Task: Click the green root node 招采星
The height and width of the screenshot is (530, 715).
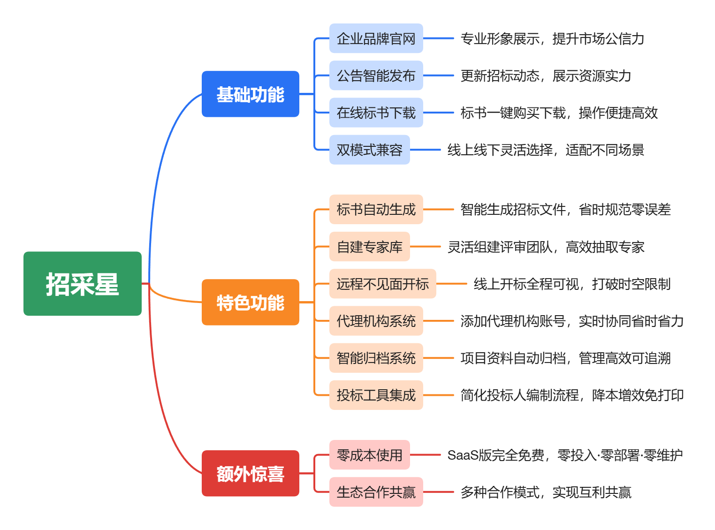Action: click(83, 284)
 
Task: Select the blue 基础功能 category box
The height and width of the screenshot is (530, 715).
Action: click(250, 94)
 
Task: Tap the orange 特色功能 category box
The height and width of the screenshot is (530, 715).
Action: click(250, 303)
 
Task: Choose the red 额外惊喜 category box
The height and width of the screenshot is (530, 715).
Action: click(250, 474)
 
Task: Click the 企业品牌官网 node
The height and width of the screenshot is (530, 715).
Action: click(376, 38)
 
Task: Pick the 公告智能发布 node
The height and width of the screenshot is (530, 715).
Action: click(376, 76)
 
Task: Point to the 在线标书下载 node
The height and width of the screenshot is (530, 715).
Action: click(376, 113)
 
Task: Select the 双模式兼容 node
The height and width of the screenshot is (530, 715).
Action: click(369, 150)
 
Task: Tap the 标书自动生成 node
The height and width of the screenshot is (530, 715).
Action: click(376, 209)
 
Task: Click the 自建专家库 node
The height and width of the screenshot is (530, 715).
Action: click(369, 247)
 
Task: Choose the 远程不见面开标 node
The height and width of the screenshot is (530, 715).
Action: click(382, 284)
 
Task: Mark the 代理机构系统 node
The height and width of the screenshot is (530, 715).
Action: click(376, 321)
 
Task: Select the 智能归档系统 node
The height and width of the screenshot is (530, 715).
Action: click(376, 358)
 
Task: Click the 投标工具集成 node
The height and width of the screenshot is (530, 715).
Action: click(376, 395)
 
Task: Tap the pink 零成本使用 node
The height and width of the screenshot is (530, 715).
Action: click(369, 455)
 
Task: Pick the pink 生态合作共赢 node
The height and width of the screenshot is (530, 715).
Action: click(376, 492)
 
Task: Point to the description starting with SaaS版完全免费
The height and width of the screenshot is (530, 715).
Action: click(565, 455)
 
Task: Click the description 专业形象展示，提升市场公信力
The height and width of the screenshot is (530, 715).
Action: click(552, 38)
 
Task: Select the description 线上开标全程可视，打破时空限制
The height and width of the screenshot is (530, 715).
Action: click(571, 284)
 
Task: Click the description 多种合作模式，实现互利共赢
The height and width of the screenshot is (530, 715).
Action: click(545, 492)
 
